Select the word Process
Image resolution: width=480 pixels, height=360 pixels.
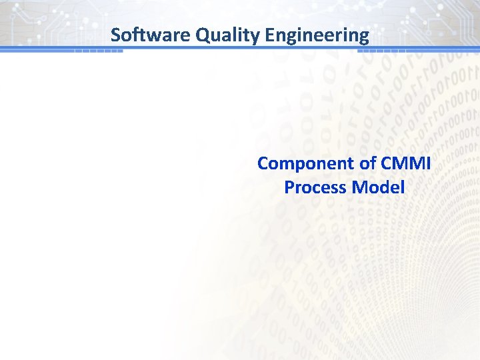[x=315, y=187]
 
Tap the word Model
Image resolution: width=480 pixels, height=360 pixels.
[x=378, y=187]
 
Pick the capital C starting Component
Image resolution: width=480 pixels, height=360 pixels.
[x=263, y=163]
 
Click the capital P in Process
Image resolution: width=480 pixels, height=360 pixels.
[x=289, y=187]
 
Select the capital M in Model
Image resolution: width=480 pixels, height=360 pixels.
[x=359, y=187]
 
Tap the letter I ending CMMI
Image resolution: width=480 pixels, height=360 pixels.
[x=429, y=163]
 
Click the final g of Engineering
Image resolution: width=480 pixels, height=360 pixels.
[x=363, y=36]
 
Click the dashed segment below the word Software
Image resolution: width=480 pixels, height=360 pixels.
[x=98, y=51]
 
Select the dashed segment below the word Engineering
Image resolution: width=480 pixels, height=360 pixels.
[x=387, y=51]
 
